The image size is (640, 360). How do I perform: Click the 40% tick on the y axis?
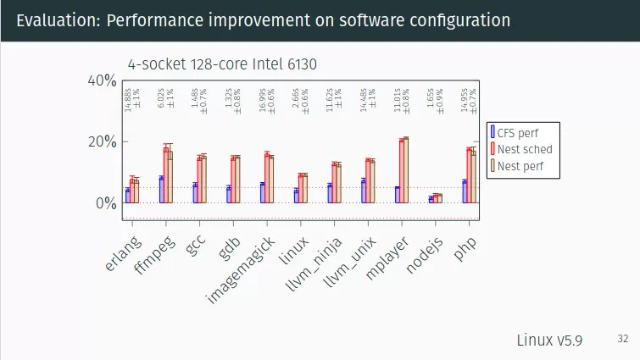[x=102, y=80]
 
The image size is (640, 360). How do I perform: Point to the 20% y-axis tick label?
[x=102, y=141]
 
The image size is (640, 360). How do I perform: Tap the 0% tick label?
[x=105, y=203]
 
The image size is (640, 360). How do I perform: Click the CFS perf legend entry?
[x=517, y=132]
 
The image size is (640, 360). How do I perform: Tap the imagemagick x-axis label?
[x=240, y=269]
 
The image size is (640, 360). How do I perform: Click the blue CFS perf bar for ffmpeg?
[x=161, y=190]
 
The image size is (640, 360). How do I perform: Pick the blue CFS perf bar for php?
[x=465, y=191]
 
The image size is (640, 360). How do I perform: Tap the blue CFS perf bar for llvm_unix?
[x=363, y=191]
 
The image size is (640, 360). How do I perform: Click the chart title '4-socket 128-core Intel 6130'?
[x=222, y=64]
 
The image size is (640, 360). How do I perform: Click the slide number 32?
[x=623, y=339]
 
